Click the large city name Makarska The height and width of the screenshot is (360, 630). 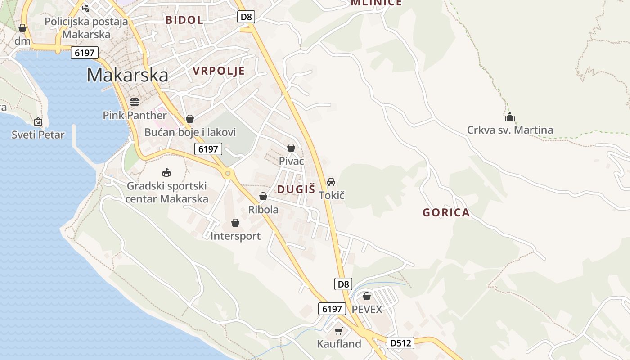pyautogui.click(x=127, y=75)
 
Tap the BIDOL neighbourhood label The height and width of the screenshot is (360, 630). pyautogui.click(x=184, y=20)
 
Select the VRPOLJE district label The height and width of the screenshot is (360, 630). pyautogui.click(x=219, y=71)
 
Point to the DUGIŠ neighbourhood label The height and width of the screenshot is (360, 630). pyautogui.click(x=296, y=189)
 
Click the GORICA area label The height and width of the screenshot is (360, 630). pyautogui.click(x=446, y=213)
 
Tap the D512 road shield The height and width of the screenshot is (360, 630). pyautogui.click(x=400, y=343)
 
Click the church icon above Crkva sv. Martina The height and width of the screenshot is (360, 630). pyautogui.click(x=509, y=117)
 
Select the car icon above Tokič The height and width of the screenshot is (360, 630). pyautogui.click(x=331, y=182)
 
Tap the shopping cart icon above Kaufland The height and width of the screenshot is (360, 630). pyautogui.click(x=339, y=331)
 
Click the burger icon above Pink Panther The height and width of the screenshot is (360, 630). pyautogui.click(x=134, y=102)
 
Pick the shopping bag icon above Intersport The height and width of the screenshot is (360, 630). pyautogui.click(x=235, y=223)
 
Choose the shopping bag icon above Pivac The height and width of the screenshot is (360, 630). pyautogui.click(x=291, y=148)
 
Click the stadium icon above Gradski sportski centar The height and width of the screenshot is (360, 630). pyautogui.click(x=166, y=172)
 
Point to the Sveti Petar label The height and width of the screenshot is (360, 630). pyautogui.click(x=38, y=135)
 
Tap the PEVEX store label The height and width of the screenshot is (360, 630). pyautogui.click(x=367, y=310)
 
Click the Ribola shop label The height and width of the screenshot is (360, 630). pyautogui.click(x=263, y=210)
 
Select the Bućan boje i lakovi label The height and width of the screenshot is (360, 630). pyautogui.click(x=190, y=132)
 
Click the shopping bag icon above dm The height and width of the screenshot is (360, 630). pyautogui.click(x=22, y=28)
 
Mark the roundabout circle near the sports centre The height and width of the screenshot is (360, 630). pyautogui.click(x=228, y=173)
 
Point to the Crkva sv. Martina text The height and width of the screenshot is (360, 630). pyautogui.click(x=510, y=130)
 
